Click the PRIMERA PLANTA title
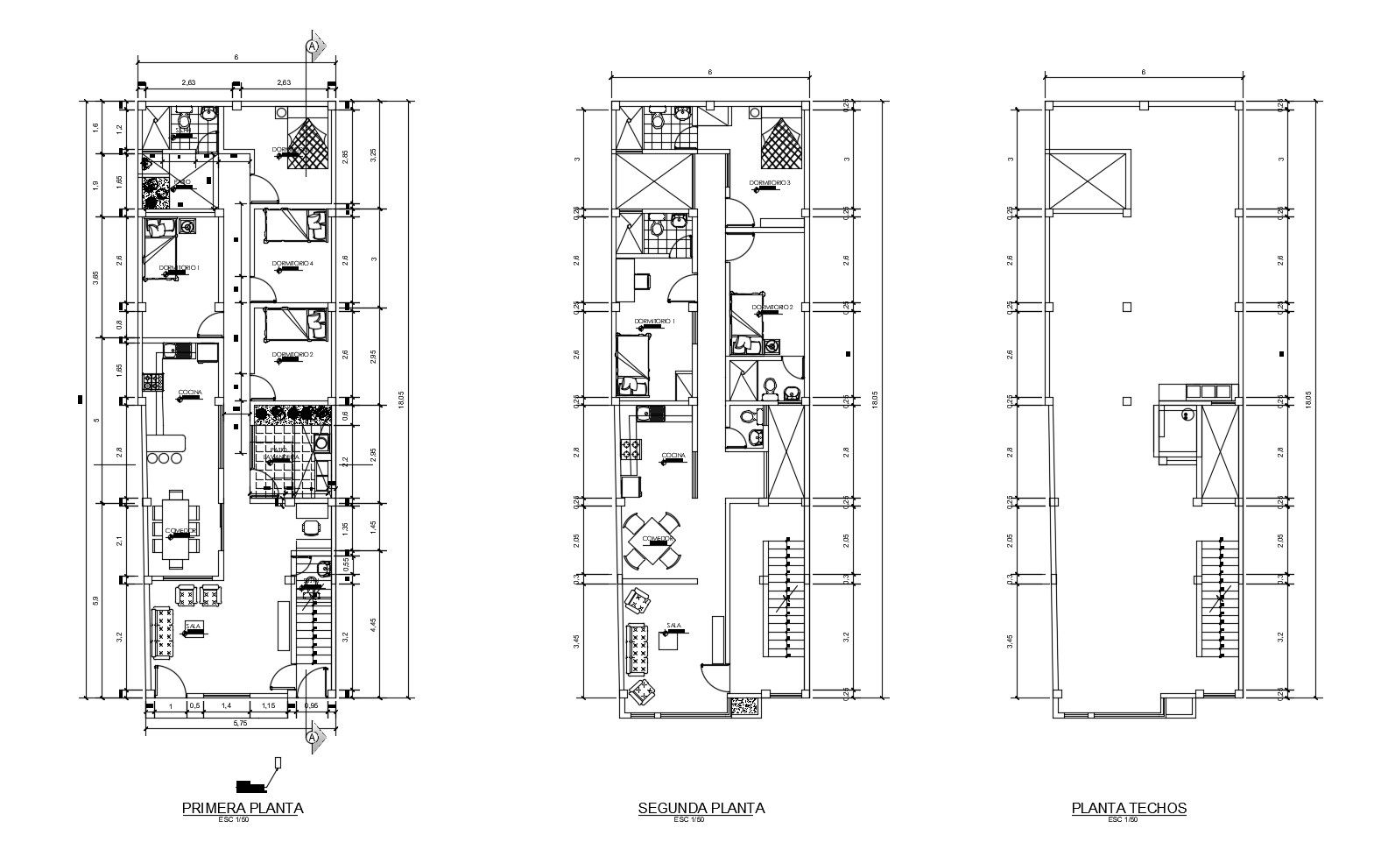[242, 807]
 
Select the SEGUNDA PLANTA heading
[701, 807]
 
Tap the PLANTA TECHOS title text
[1129, 807]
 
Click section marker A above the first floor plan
[311, 46]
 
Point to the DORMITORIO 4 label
[292, 263]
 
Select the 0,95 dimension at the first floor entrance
[311, 705]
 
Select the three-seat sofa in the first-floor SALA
[164, 634]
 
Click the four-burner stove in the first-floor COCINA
[152, 383]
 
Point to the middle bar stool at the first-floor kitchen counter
[164, 458]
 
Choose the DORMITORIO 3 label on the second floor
[769, 183]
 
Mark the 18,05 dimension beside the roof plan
[1308, 399]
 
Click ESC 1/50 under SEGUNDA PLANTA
[689, 820]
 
